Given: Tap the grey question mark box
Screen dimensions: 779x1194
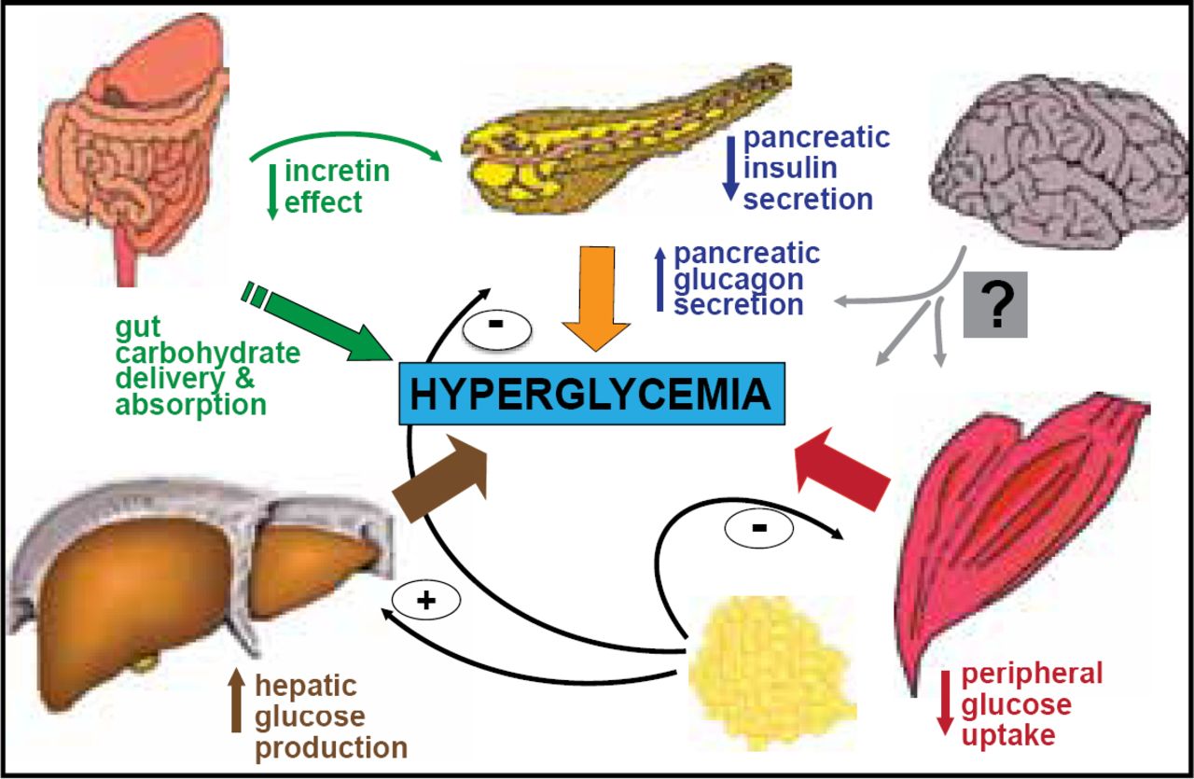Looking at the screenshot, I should coord(995,305).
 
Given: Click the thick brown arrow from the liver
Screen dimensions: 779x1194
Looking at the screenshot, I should coord(443,481).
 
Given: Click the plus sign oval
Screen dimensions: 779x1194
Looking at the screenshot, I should coord(425,602).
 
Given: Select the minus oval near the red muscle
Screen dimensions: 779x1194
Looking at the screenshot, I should coord(758,528).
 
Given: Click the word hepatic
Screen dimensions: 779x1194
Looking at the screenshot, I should coord(305,686).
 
